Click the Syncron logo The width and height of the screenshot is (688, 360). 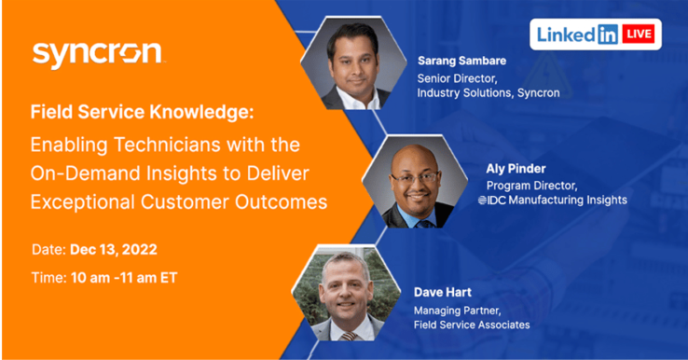click(x=98, y=53)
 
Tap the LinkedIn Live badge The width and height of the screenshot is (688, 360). click(x=596, y=35)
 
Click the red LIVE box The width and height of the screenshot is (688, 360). click(x=640, y=35)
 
